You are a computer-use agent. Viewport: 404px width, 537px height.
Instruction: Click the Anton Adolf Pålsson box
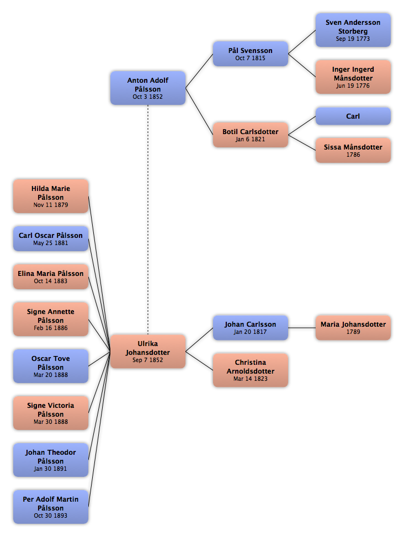pos(147,88)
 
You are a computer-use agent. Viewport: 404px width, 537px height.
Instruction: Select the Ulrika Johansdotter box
pos(147,352)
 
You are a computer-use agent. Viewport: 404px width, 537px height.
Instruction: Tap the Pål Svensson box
pos(250,54)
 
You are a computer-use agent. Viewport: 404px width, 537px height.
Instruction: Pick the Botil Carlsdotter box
pos(250,135)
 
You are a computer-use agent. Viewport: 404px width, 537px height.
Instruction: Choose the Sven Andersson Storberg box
pos(353,30)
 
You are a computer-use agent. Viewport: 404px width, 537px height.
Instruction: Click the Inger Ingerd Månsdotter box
pos(353,77)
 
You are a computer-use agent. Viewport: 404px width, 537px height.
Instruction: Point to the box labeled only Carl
pos(353,116)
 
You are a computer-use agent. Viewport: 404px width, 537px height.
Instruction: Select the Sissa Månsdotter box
pos(353,150)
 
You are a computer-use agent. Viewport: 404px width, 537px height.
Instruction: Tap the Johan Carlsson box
pos(250,328)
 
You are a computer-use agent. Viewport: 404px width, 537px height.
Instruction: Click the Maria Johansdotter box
pos(353,328)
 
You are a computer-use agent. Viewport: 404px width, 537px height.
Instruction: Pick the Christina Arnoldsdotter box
pos(250,370)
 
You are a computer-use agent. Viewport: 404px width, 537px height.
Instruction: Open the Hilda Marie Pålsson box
pos(51,196)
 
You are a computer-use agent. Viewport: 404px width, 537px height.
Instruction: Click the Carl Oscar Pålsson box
pos(51,239)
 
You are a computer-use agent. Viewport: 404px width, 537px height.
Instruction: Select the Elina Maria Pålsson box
pos(51,277)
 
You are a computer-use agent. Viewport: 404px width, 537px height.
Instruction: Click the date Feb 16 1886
pos(51,328)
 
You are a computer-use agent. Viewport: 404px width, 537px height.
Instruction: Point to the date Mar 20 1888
pos(51,375)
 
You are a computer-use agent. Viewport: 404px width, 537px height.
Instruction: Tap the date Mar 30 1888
pos(51,422)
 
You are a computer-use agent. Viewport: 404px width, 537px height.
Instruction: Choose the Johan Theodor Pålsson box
pos(51,460)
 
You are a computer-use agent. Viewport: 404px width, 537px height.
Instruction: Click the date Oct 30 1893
pos(51,516)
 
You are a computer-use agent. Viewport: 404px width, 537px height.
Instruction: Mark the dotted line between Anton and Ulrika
pos(148,220)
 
